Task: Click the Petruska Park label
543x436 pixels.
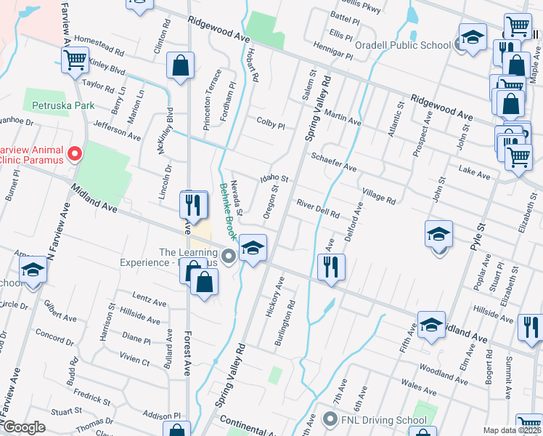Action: (63, 105)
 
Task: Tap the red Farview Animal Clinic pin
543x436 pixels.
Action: (74, 153)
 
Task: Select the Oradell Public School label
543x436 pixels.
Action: (406, 45)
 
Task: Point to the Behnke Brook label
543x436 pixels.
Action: (228, 211)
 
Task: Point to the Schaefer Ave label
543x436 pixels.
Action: (333, 162)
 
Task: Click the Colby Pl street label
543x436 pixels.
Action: (270, 124)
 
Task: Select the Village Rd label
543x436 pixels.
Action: (379, 194)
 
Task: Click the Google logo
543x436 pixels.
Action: (25, 428)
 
